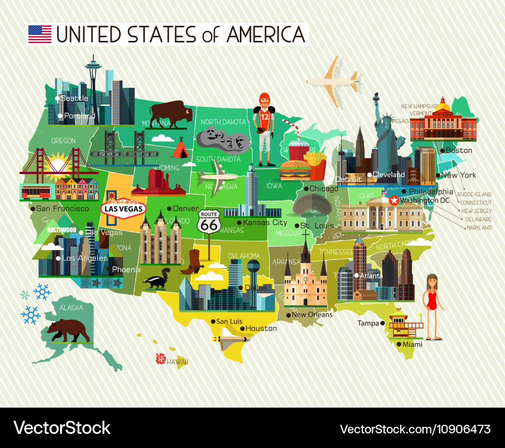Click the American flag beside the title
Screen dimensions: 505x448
point(40,34)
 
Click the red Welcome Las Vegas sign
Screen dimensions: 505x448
point(123,208)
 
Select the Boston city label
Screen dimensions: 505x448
point(459,150)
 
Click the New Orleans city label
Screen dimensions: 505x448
point(312,315)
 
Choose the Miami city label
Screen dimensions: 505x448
point(412,344)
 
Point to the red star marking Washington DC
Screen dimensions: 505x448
point(393,200)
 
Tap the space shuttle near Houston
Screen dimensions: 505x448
point(233,340)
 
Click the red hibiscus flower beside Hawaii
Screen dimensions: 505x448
point(161,358)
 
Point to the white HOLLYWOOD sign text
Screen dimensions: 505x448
point(62,230)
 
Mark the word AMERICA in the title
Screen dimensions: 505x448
point(266,34)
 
